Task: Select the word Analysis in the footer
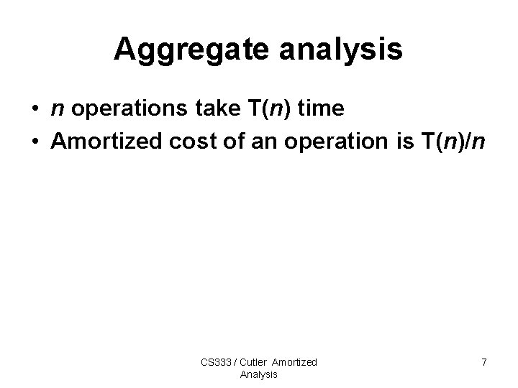[x=258, y=374]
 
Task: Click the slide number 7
[x=483, y=363]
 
